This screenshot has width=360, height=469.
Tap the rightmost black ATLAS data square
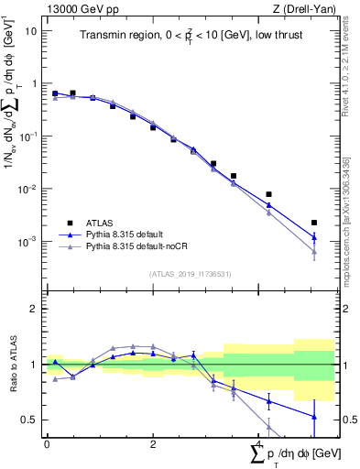click(314, 223)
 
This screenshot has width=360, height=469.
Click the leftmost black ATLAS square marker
click(55, 93)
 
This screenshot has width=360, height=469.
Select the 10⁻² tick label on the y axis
click(28, 189)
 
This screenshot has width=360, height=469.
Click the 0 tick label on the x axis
click(47, 443)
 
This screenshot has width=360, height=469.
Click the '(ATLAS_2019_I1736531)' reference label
click(190, 275)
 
